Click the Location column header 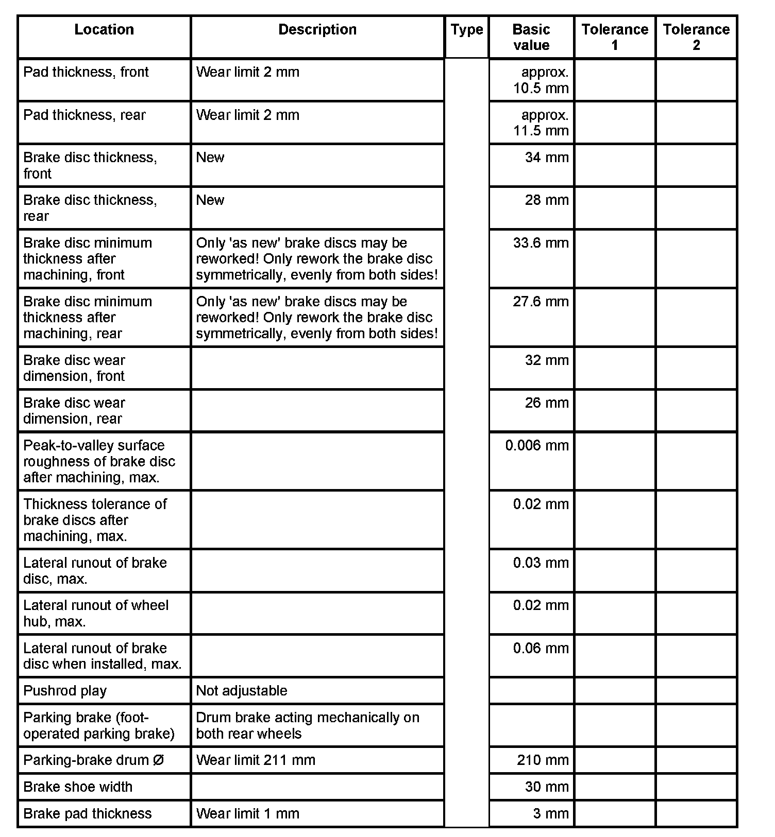(104, 30)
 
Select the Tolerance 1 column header (615, 37)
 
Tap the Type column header (467, 30)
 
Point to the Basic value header (531, 37)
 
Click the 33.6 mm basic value (541, 243)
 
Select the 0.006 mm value (537, 446)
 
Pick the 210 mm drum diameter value (543, 760)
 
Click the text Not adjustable (242, 691)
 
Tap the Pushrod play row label (65, 691)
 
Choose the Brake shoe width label (78, 787)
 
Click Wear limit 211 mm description (256, 760)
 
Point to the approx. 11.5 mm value (541, 123)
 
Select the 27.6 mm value (541, 302)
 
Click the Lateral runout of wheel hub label (96, 613)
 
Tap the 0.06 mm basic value (541, 649)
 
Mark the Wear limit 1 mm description (247, 814)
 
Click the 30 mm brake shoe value (547, 787)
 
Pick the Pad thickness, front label (86, 72)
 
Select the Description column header (317, 30)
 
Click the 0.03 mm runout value (541, 563)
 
